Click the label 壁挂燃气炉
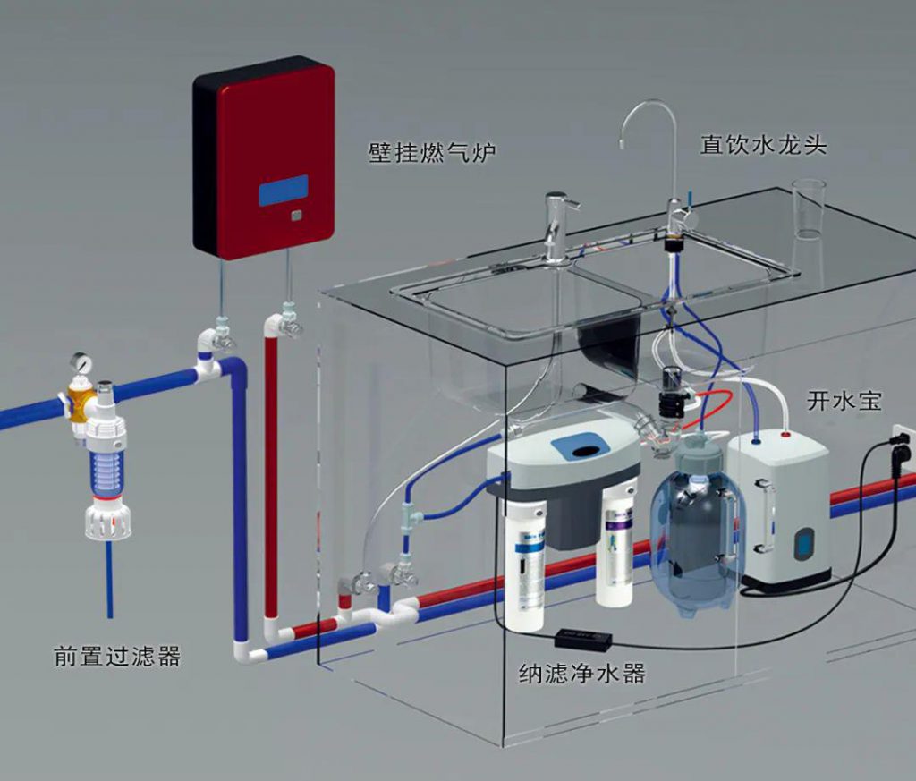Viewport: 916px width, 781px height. pyautogui.click(x=432, y=152)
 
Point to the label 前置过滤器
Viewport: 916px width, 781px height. pyautogui.click(x=117, y=658)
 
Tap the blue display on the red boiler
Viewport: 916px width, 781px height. pyautogui.click(x=284, y=191)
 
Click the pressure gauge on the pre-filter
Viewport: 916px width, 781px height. pyautogui.click(x=81, y=363)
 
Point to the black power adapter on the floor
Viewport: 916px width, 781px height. pyautogui.click(x=583, y=639)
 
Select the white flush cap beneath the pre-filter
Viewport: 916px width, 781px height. pyautogui.click(x=108, y=523)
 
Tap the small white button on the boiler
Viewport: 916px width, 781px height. pyautogui.click(x=296, y=215)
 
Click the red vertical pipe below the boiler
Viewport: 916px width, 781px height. pyautogui.click(x=271, y=465)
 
